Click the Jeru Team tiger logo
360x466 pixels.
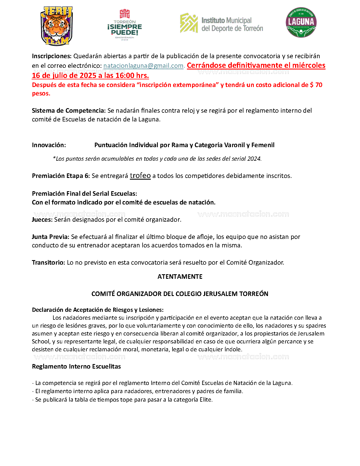pyautogui.click(x=57, y=26)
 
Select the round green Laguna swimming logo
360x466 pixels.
pyautogui.click(x=301, y=22)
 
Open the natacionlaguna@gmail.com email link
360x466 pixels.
pyautogui.click(x=143, y=66)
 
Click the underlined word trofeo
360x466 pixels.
pyautogui.click(x=140, y=176)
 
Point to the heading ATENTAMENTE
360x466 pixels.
pyautogui.click(x=180, y=276)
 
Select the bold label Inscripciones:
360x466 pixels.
pyautogui.click(x=52, y=56)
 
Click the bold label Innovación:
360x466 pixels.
pyautogui.click(x=49, y=145)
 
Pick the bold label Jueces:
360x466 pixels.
pyautogui.click(x=42, y=220)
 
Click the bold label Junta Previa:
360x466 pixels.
pyautogui.click(x=51, y=237)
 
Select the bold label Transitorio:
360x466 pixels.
pyautogui.click(x=49, y=263)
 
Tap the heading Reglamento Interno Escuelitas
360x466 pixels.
pyautogui.click(x=76, y=367)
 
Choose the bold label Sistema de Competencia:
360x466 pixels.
pyautogui.click(x=69, y=111)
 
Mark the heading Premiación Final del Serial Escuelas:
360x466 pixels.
pyautogui.click(x=84, y=194)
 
